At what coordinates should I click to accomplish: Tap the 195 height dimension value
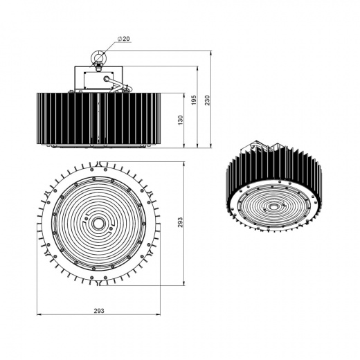click(x=195, y=101)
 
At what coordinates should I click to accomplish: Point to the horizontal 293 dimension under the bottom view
click(x=98, y=312)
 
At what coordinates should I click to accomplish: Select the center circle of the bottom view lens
click(x=98, y=224)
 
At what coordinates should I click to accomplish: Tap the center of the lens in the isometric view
click(x=274, y=206)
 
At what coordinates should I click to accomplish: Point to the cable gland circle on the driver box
click(x=107, y=79)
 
